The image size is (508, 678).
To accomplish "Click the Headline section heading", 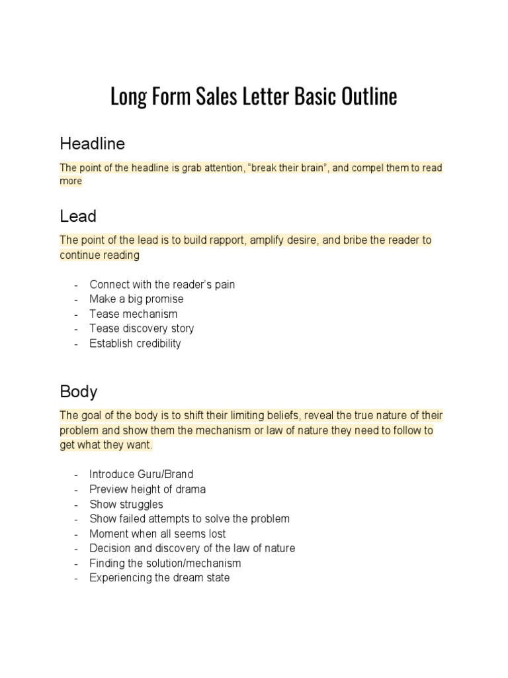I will click(92, 143).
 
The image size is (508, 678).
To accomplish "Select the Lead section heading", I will click(78, 217).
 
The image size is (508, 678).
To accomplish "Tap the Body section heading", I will click(79, 391).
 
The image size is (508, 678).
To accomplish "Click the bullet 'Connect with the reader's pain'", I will click(162, 284).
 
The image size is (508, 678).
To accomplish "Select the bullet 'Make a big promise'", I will click(136, 299).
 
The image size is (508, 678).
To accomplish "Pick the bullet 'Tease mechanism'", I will click(133, 314).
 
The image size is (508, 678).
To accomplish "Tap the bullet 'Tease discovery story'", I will click(142, 328).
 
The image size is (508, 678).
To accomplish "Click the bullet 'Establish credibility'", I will click(135, 344).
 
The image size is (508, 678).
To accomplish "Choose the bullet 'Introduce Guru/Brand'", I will click(141, 474).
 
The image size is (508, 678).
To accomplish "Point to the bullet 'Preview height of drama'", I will click(148, 489).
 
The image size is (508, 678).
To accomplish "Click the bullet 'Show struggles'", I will click(126, 504).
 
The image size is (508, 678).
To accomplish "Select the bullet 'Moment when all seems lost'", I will click(157, 534).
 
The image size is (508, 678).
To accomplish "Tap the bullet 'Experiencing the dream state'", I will click(159, 578).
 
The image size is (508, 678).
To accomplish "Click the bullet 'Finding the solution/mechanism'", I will click(165, 563).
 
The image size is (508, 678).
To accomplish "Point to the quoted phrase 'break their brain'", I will click(288, 168).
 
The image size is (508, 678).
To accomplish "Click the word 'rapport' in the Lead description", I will click(225, 240).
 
